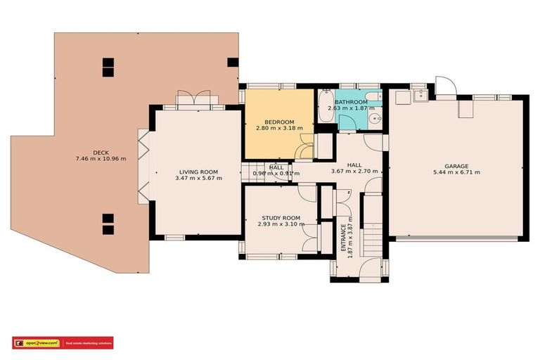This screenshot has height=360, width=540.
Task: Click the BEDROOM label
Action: (x=279, y=122)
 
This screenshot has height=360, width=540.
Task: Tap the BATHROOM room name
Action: (x=356, y=101)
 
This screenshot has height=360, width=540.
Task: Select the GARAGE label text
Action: (x=456, y=167)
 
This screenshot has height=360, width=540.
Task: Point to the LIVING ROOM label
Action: (x=199, y=172)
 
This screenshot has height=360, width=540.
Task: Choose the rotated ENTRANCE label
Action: (x=343, y=238)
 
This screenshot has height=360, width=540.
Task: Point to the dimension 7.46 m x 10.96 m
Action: (x=100, y=159)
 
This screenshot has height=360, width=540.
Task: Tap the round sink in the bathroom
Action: (x=376, y=120)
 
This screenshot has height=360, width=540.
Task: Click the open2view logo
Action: (x=34, y=342)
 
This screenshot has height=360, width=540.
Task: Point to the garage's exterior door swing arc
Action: (x=444, y=86)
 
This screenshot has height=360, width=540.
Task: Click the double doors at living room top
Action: (x=192, y=100)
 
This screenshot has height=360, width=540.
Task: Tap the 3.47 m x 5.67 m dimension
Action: (x=199, y=178)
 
